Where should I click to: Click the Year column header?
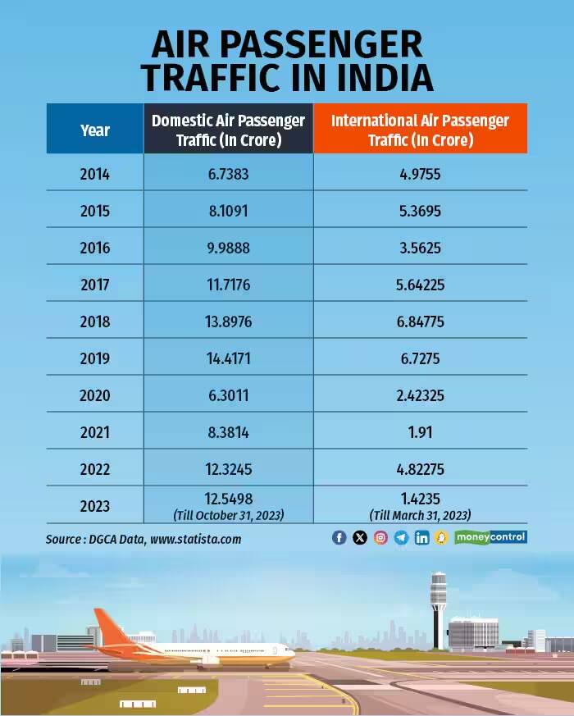[95, 130]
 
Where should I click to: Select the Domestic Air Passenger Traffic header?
[228, 130]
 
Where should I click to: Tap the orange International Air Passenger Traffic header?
[420, 130]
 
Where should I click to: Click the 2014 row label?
[95, 174]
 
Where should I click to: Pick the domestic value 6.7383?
[228, 174]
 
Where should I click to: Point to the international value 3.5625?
[420, 248]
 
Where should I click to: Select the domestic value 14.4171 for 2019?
[228, 358]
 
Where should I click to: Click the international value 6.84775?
[420, 322]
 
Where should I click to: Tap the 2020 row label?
[95, 395]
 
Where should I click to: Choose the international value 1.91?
[420, 432]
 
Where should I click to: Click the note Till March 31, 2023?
[420, 514]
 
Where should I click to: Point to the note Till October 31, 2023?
[228, 514]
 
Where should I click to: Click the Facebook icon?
[339, 538]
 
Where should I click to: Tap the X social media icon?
[359, 538]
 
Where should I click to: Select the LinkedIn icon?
[421, 538]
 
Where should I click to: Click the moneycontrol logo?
[490, 537]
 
